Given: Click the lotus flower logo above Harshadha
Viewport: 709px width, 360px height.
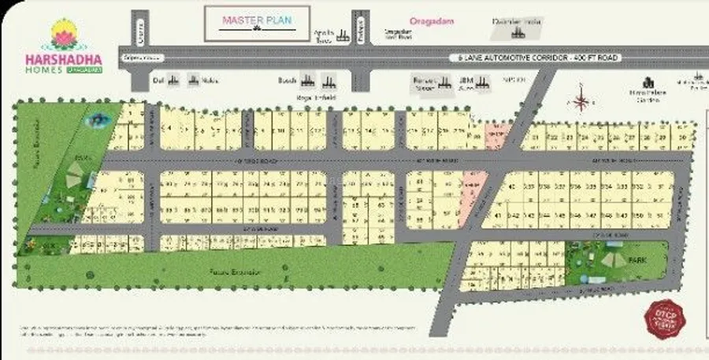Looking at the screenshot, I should [61, 33].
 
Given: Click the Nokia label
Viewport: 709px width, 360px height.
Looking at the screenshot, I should [208, 80].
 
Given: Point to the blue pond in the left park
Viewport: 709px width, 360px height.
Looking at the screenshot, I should [98, 120].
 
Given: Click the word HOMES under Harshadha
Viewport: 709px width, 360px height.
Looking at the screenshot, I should [47, 69].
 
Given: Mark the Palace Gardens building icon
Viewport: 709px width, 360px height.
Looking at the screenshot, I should [650, 83].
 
